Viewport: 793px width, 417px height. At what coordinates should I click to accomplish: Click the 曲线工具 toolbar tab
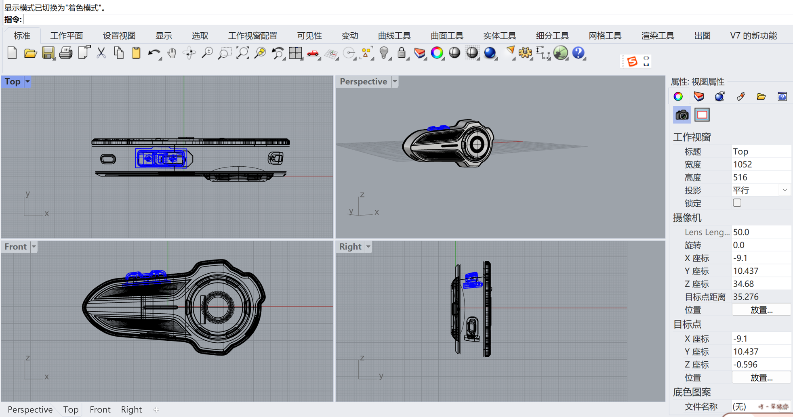click(394, 36)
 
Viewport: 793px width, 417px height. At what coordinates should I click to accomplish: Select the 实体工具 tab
click(500, 36)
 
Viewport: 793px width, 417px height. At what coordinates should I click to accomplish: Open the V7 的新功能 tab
click(753, 36)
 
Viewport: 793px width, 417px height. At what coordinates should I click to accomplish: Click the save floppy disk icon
click(48, 53)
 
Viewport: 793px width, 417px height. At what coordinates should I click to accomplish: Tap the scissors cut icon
click(101, 53)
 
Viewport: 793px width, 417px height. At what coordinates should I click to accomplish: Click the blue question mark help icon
click(578, 53)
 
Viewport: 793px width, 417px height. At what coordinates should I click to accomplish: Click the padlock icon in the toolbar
click(402, 53)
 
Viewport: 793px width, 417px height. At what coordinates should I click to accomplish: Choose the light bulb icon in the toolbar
click(384, 53)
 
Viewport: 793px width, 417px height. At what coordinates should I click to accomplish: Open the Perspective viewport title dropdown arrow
click(395, 82)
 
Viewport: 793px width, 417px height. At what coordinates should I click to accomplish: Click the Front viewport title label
click(15, 247)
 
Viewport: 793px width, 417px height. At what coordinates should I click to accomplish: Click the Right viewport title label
click(350, 247)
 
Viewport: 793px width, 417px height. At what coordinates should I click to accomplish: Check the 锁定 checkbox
click(737, 203)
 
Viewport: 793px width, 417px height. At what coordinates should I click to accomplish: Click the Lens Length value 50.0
click(741, 232)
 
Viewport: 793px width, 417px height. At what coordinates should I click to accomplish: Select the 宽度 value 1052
click(743, 164)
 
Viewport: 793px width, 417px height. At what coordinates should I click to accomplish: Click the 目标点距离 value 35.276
click(746, 297)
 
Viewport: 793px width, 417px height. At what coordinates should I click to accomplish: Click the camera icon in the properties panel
click(682, 115)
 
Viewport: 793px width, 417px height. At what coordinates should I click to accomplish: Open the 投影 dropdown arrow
click(785, 190)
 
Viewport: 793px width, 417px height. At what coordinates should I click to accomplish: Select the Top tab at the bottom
click(71, 410)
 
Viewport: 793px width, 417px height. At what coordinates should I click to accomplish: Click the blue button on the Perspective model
click(438, 128)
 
